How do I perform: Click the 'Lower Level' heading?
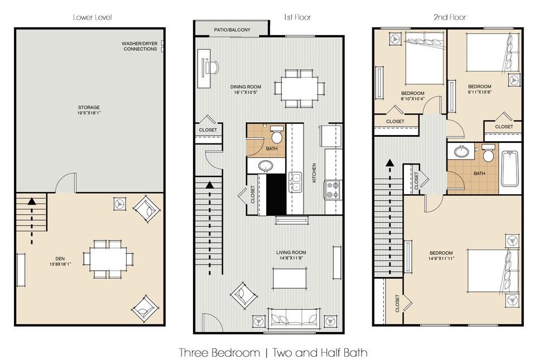click(x=93, y=17)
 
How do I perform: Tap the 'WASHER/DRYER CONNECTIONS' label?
click(x=140, y=46)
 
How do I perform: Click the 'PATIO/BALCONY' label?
click(x=233, y=30)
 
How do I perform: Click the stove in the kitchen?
click(x=333, y=190)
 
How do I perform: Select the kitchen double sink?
click(x=295, y=183)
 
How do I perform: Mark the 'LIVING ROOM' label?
click(x=291, y=253)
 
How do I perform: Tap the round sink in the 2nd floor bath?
click(x=462, y=152)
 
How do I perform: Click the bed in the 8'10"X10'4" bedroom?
click(x=425, y=58)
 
